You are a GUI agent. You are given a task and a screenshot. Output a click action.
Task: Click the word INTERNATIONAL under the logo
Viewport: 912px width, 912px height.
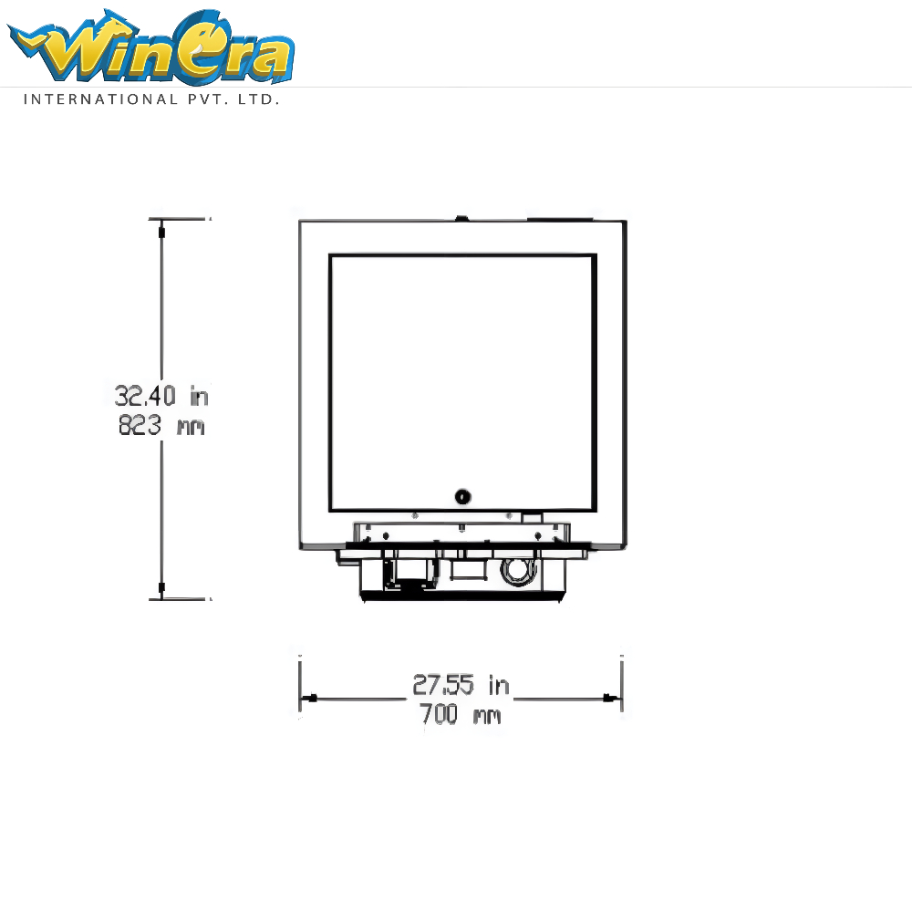[100, 99]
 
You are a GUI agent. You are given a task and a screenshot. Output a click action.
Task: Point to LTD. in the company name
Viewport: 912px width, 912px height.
[259, 99]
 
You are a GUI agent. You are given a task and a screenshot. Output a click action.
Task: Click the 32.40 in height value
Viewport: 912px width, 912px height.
[161, 396]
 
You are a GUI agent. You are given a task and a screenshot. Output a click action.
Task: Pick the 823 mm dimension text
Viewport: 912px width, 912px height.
[161, 425]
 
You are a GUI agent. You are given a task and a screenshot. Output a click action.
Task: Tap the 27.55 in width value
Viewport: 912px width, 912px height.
[461, 685]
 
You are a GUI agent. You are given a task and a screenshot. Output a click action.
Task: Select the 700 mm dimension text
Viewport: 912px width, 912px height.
[460, 714]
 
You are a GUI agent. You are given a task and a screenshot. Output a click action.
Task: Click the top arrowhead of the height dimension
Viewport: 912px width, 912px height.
[161, 232]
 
